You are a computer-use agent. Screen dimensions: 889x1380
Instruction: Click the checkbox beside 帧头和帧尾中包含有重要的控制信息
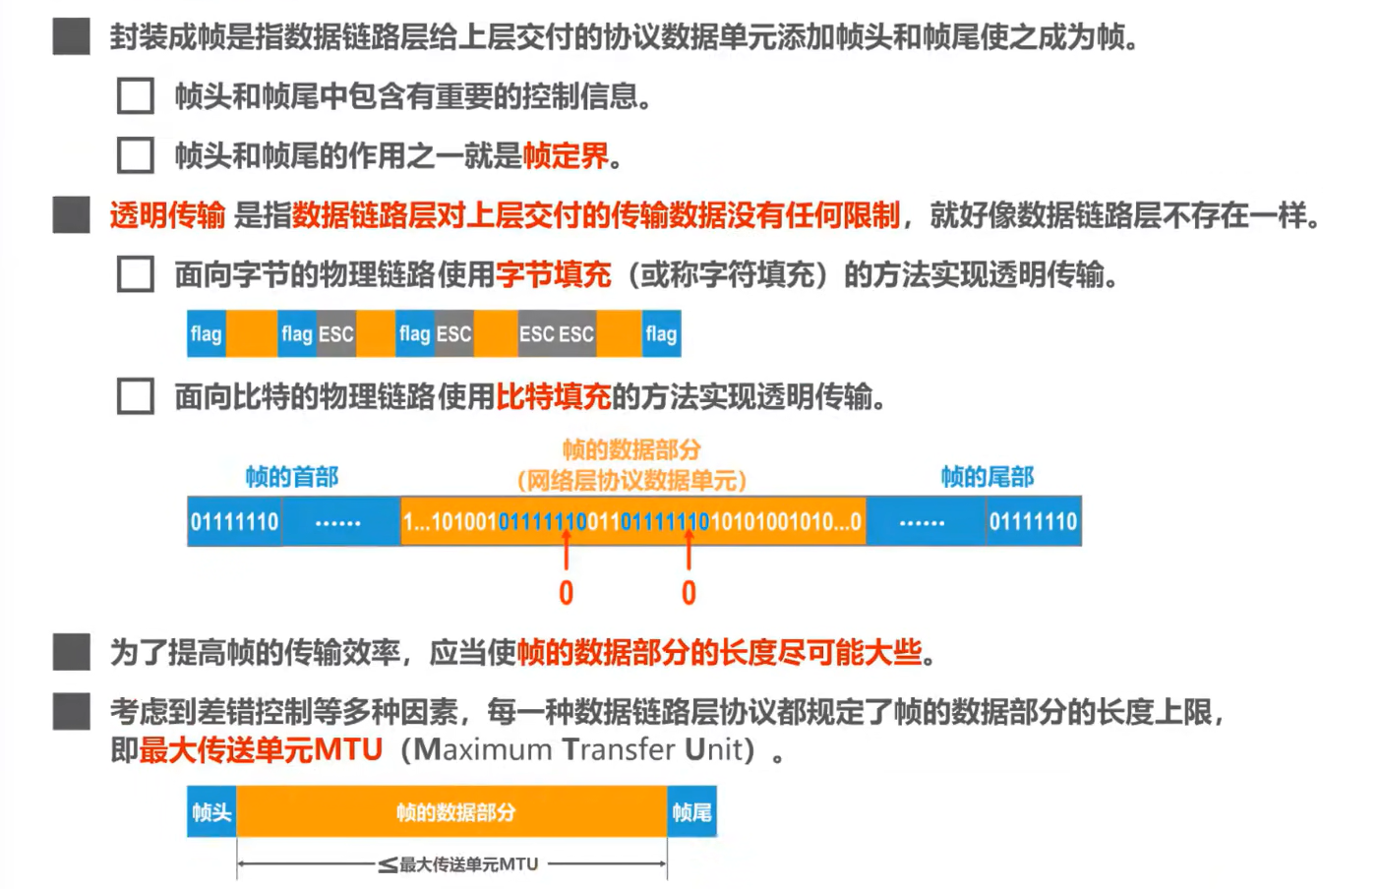[x=135, y=96]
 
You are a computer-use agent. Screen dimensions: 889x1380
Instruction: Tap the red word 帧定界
[x=566, y=155]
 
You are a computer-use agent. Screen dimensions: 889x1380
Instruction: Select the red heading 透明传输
[x=167, y=214]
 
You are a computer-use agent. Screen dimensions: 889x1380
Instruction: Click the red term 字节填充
[x=553, y=274]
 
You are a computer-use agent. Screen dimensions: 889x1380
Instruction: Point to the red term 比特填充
[x=553, y=396]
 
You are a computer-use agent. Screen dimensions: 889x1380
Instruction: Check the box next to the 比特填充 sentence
[x=135, y=396]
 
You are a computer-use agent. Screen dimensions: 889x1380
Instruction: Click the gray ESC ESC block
[x=557, y=334]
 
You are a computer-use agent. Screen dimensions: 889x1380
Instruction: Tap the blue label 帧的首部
[x=291, y=477]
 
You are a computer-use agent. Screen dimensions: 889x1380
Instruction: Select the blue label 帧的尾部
[x=987, y=477]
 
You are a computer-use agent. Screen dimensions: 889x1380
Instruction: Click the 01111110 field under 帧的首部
[x=234, y=521]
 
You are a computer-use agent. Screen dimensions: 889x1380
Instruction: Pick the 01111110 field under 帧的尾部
[x=1033, y=521]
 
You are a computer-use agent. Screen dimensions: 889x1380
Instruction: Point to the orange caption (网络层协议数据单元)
[x=631, y=481]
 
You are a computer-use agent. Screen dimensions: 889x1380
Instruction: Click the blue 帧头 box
[x=211, y=812]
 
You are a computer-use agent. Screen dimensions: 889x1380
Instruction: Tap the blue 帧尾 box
[x=691, y=812]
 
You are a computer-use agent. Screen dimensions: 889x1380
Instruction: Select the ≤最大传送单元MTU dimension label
[x=459, y=864]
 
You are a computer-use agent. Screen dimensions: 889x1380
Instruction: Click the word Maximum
[x=483, y=749]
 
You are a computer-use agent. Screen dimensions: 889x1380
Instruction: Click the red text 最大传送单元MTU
[x=261, y=749]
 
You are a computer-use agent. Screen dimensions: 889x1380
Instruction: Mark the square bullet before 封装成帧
[x=71, y=36]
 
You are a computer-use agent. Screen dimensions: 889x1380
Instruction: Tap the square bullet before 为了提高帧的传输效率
[x=71, y=651]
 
